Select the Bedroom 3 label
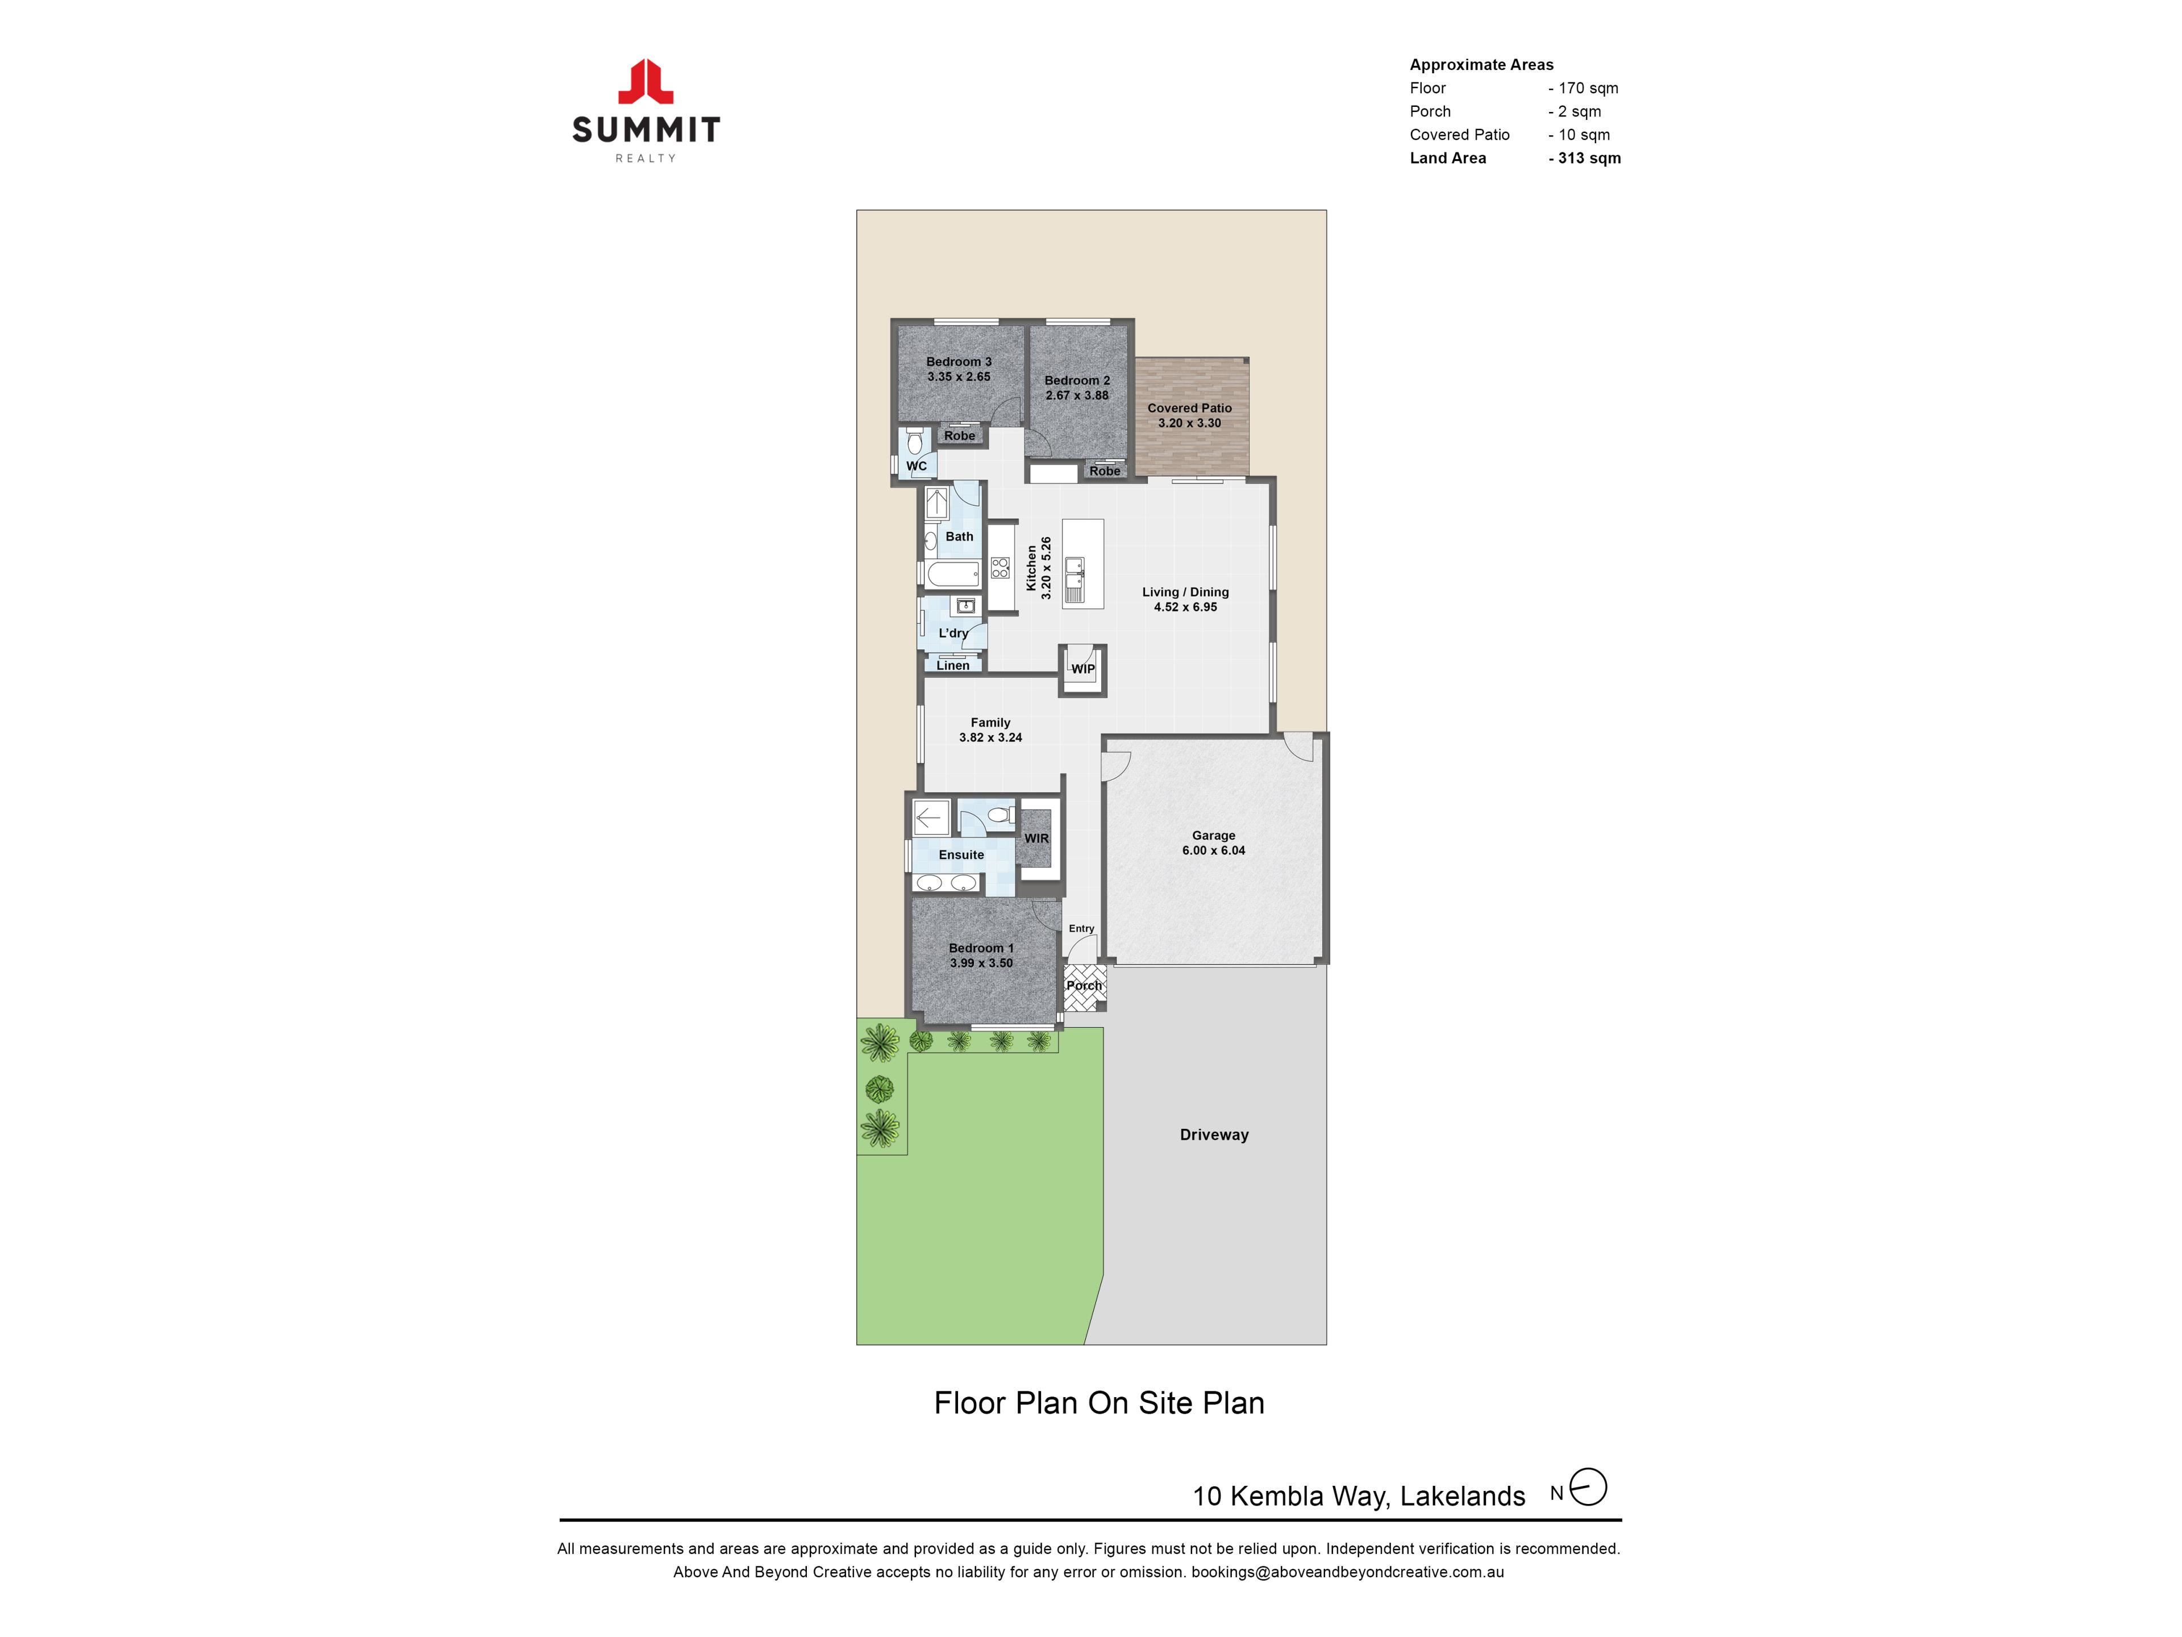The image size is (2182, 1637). (959, 362)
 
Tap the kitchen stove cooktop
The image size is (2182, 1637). (1000, 567)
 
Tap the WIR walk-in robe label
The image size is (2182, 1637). (1037, 839)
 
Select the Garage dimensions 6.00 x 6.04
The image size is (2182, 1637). (1213, 850)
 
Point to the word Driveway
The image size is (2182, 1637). (1214, 1135)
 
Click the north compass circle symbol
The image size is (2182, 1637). (1588, 1487)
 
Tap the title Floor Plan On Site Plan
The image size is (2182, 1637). (1099, 1403)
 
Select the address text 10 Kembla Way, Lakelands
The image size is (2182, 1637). (1359, 1497)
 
